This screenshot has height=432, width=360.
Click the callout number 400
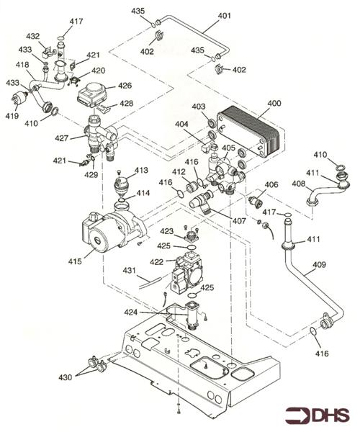coord(274,103)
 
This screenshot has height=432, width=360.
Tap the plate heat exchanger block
coord(248,132)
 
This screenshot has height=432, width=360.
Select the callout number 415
coord(75,261)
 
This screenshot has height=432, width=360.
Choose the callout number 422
coord(157,261)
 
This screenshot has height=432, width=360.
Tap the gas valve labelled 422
coord(188,274)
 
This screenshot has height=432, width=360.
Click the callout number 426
coord(125,86)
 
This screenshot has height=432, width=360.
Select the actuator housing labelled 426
coord(92,94)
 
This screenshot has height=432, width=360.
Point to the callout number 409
coord(319,265)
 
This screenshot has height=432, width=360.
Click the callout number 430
coord(66,377)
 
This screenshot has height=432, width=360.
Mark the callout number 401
coord(225,16)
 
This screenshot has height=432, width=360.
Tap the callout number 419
coord(12,116)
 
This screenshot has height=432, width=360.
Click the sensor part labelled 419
coord(20,99)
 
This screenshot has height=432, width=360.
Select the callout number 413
coord(141,170)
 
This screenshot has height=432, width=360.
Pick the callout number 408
coord(299,183)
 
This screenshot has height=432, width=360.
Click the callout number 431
coord(129,270)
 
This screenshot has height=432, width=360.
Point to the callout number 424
coord(131,312)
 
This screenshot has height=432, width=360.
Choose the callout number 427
coord(61,138)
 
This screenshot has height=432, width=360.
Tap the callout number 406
coord(271,184)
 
